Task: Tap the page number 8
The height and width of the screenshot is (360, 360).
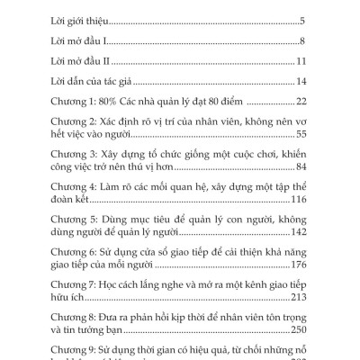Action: click(x=304, y=41)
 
